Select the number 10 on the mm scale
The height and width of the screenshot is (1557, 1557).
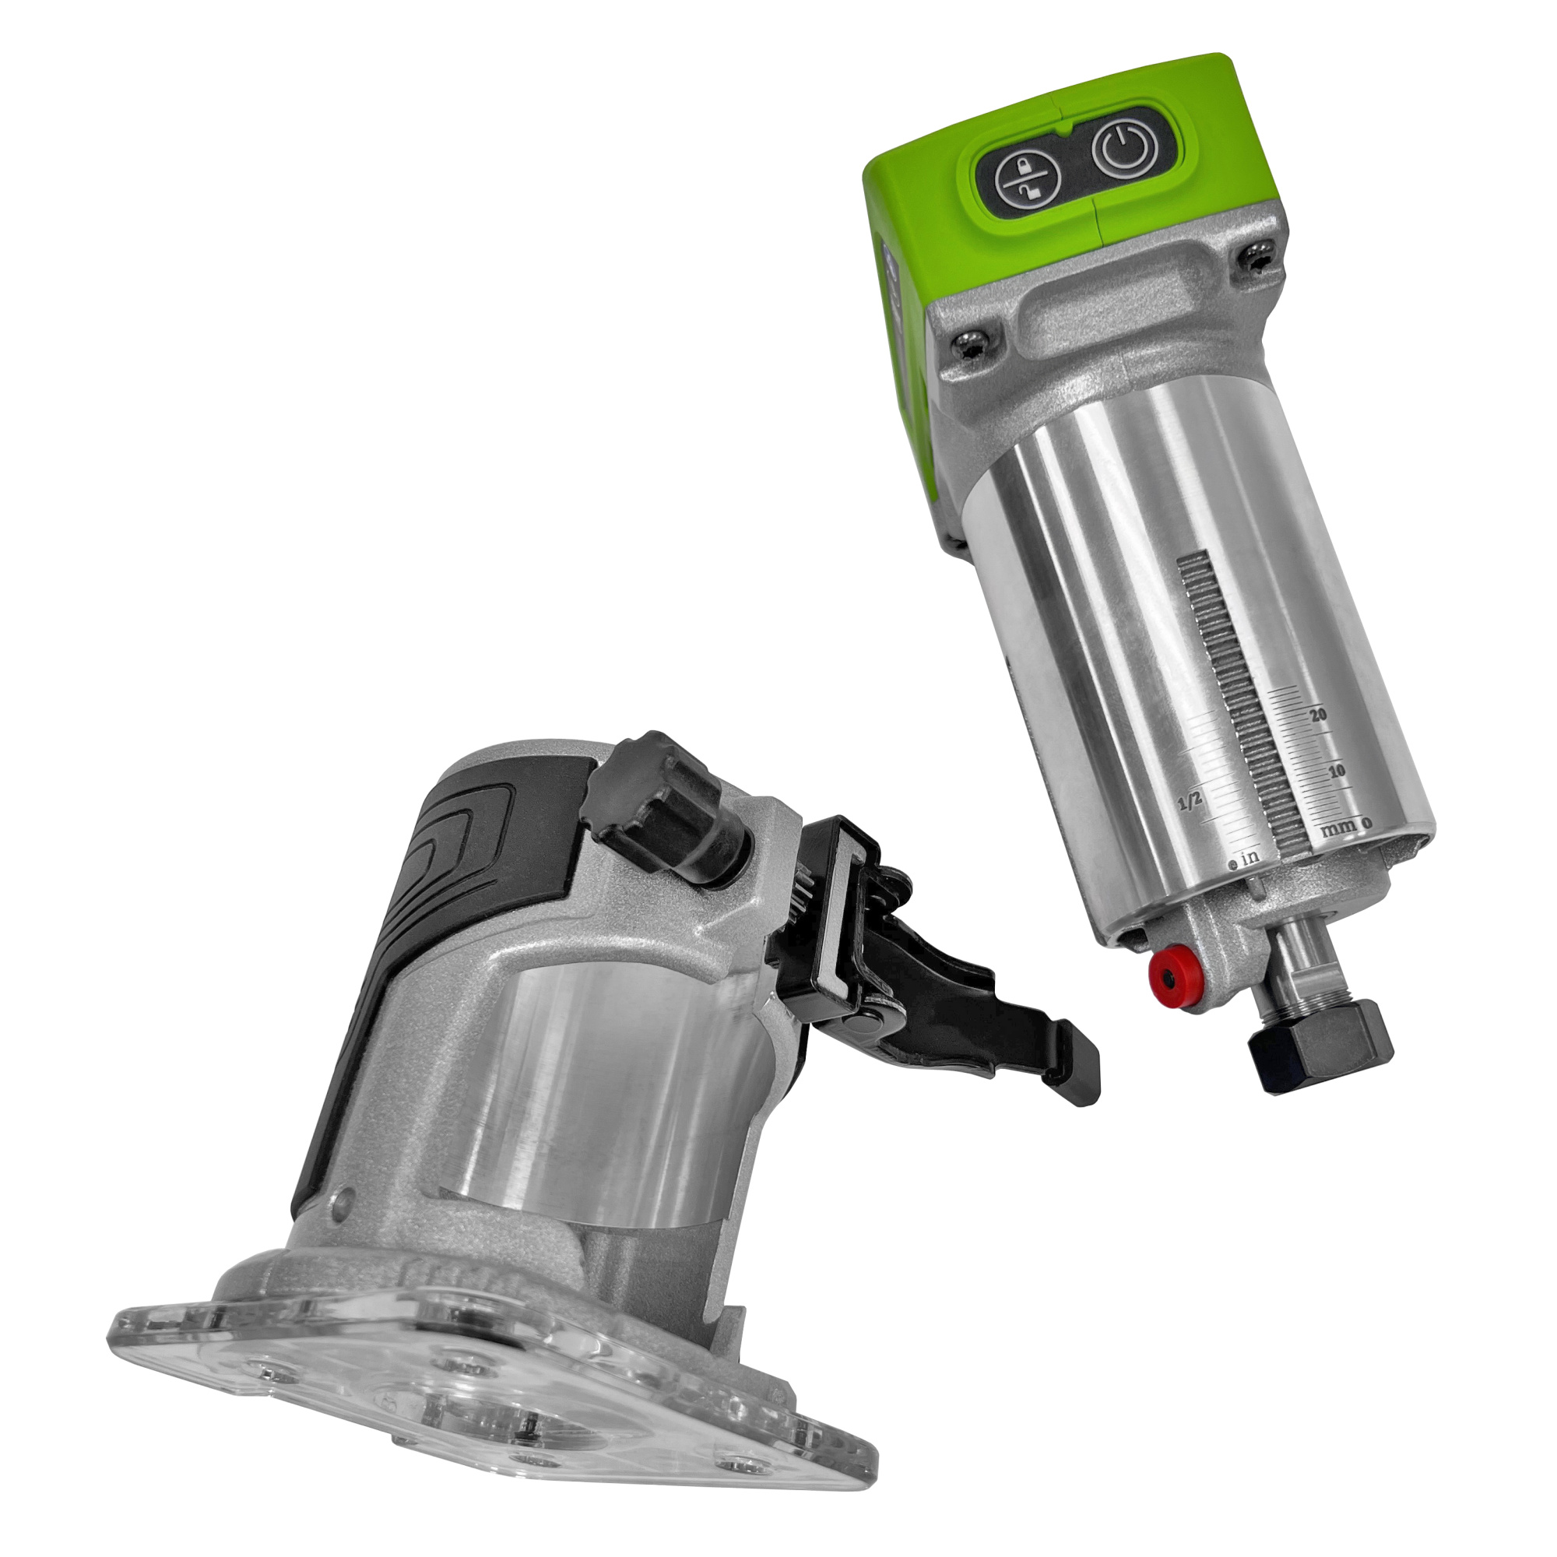[1337, 771]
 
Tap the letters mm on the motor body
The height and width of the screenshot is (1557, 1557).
[1342, 828]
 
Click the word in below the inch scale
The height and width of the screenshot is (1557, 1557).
[1250, 857]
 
